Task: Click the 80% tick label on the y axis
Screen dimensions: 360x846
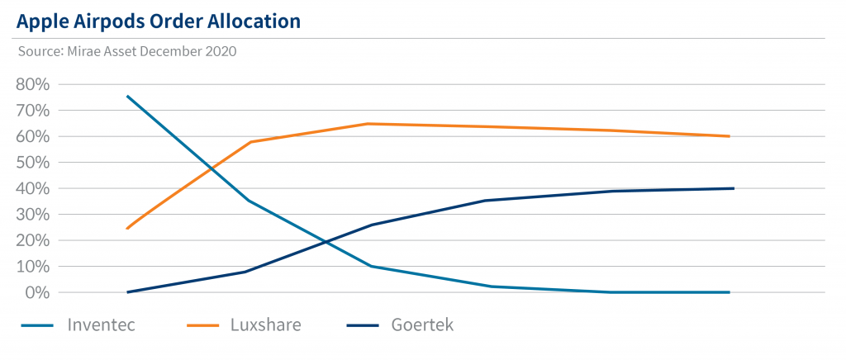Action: coord(33,84)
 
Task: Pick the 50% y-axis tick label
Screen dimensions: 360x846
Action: coord(33,163)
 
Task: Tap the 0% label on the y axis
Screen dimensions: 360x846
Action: coord(38,293)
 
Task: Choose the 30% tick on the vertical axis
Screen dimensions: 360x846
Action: coord(33,215)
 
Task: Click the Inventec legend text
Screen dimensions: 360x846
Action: coord(102,324)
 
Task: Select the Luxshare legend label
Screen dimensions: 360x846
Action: coord(265,324)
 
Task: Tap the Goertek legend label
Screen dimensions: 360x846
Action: coord(422,324)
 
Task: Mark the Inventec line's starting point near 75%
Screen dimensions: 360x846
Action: coord(126,96)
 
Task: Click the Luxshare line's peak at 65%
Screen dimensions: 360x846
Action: coord(368,124)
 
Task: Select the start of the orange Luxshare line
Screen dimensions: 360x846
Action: coord(126,228)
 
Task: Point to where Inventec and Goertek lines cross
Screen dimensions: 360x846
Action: coord(326,243)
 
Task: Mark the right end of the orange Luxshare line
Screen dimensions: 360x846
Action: coord(730,136)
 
